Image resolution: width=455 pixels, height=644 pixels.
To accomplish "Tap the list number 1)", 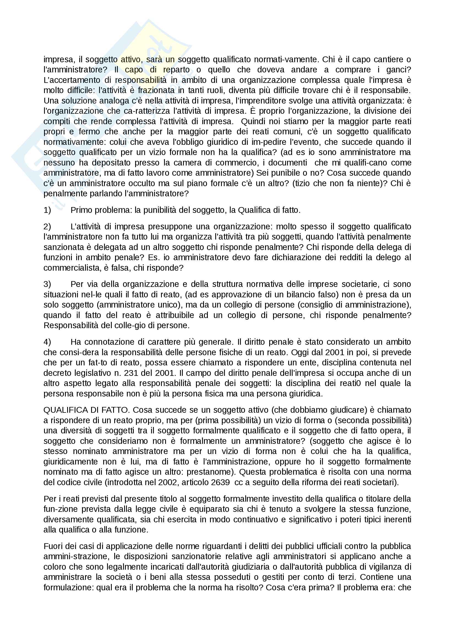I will tap(47, 210).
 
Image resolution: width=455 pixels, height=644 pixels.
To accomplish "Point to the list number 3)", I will tap(47, 284).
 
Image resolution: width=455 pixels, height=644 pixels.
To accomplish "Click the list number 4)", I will tap(47, 342).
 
